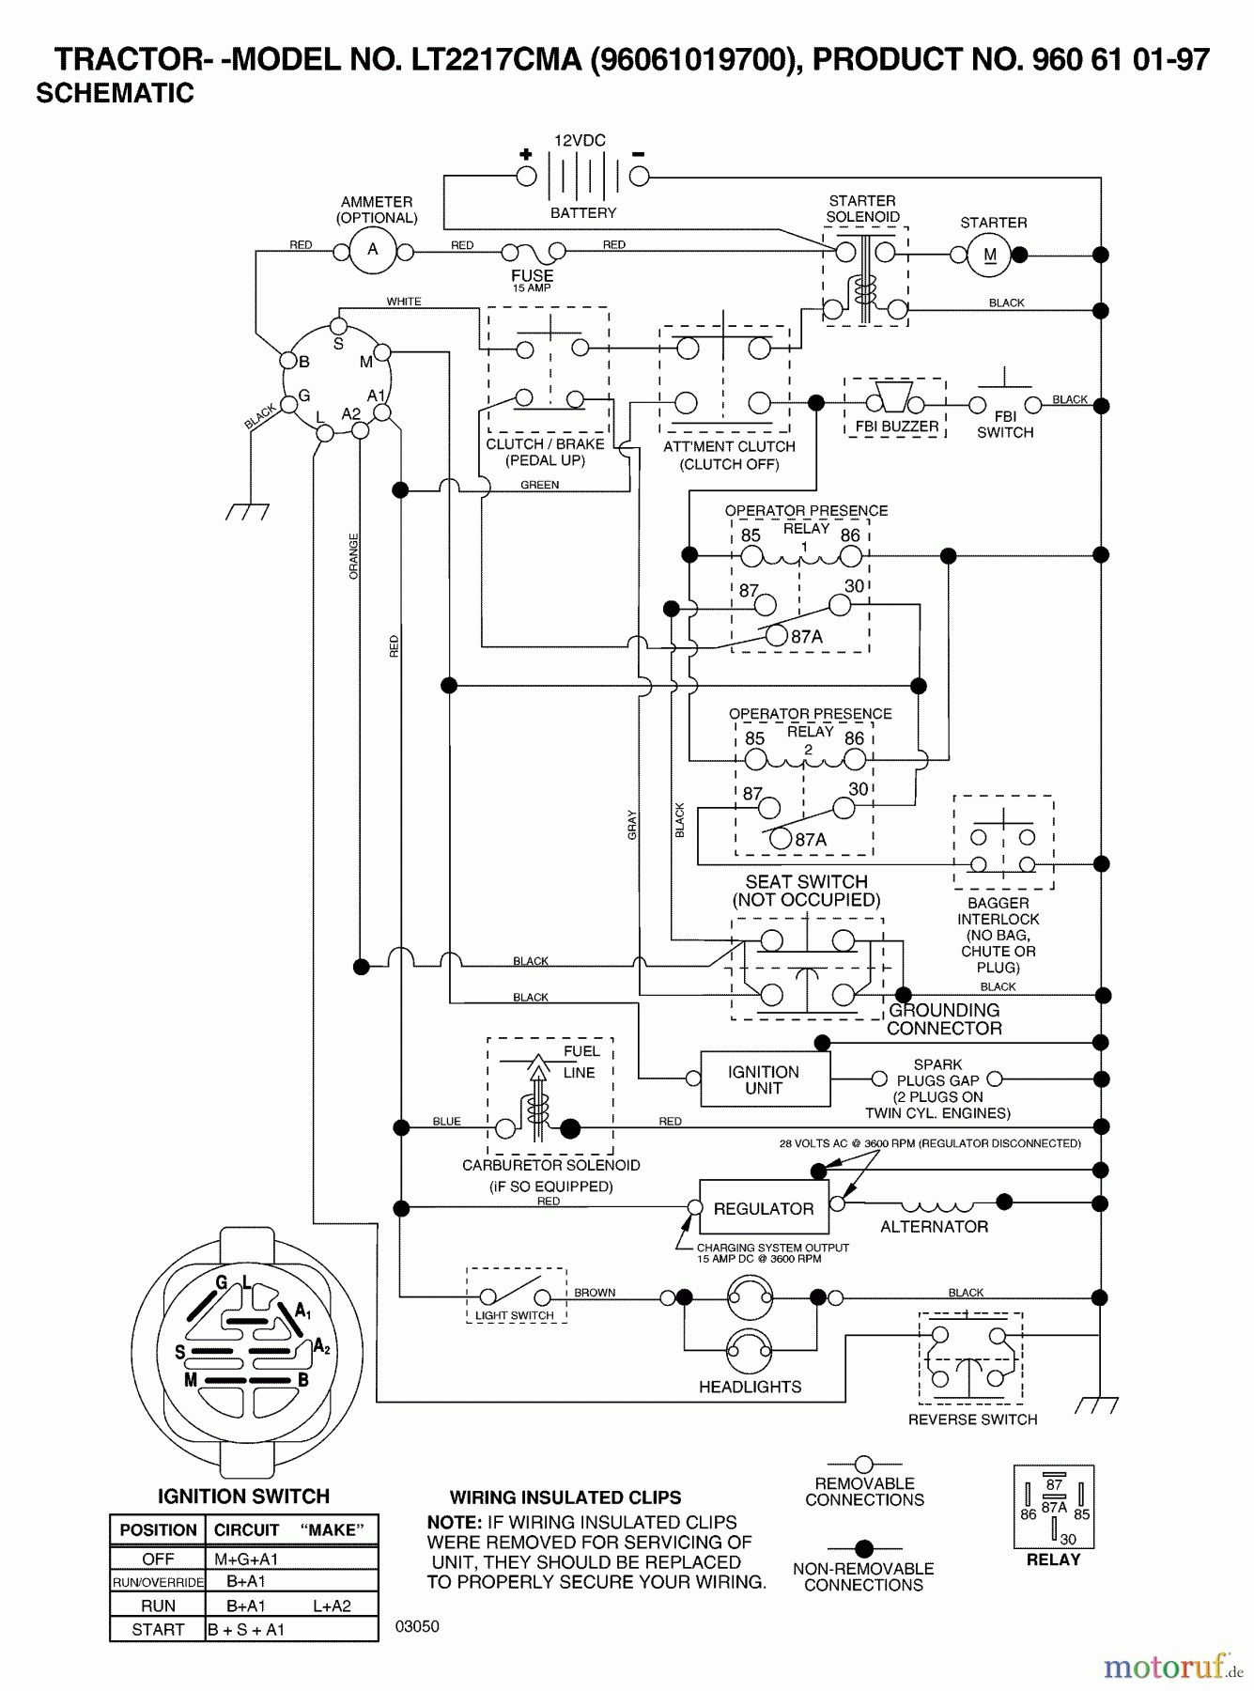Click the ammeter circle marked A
tap(373, 251)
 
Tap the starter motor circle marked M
tap(989, 255)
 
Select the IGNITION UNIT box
tap(765, 1079)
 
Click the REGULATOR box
tap(764, 1208)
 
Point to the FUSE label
tap(532, 275)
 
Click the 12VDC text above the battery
tap(580, 141)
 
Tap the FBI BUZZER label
tap(896, 427)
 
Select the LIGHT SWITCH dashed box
tap(516, 1296)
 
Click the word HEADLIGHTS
tap(750, 1387)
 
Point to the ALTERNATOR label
tap(934, 1227)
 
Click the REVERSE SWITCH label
tap(972, 1420)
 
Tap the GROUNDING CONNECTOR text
tap(944, 1019)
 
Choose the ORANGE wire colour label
tap(354, 555)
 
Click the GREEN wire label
tap(540, 485)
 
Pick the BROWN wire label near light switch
tap(595, 1293)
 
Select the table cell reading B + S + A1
tap(246, 1630)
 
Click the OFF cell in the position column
tap(158, 1559)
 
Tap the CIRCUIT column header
tap(246, 1529)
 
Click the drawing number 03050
tap(417, 1626)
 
